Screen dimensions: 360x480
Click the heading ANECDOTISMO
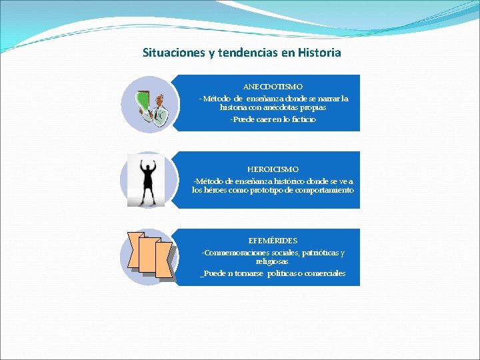[x=273, y=87]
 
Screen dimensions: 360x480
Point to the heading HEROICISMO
[x=273, y=169]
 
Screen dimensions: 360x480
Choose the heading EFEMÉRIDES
[x=273, y=240]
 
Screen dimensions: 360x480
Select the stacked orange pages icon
[x=149, y=256]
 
